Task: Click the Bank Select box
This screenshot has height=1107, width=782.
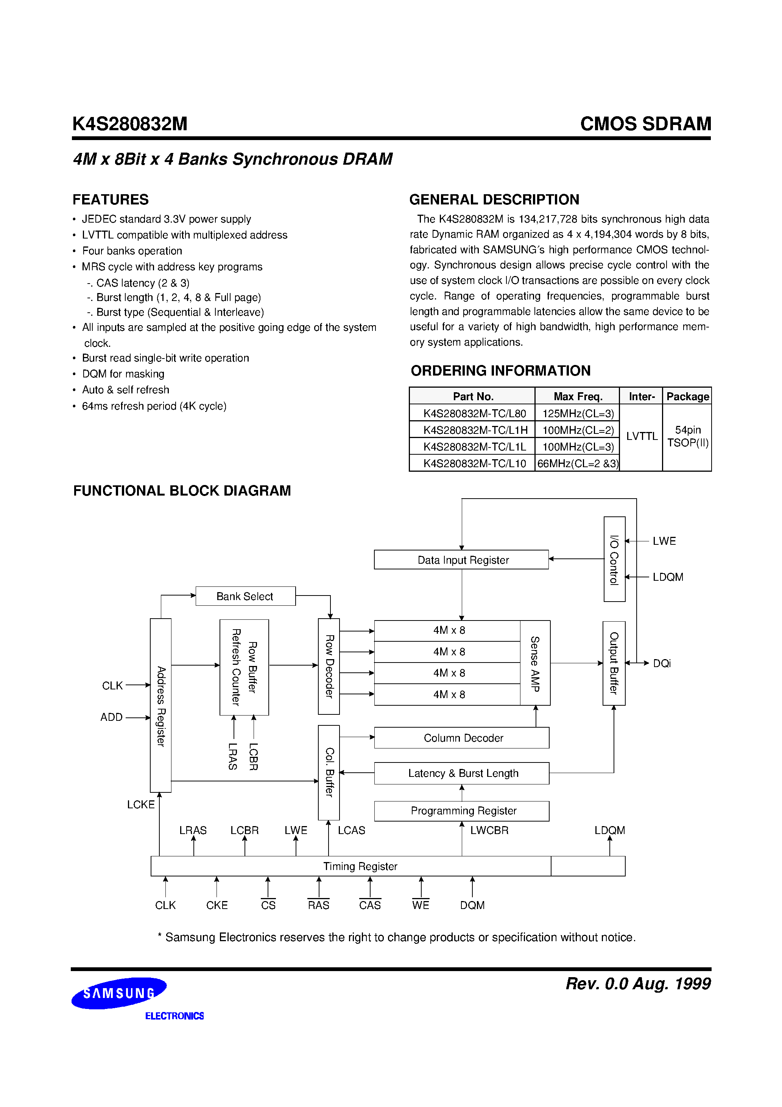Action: pos(245,596)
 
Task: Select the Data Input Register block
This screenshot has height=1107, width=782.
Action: pos(461,560)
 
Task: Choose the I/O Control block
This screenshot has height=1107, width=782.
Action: pos(614,559)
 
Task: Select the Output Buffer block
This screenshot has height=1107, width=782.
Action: pos(614,663)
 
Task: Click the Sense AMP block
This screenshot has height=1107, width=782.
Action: pos(535,663)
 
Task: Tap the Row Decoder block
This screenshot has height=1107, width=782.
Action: pos(329,666)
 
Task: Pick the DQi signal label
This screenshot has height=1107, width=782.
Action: pos(662,663)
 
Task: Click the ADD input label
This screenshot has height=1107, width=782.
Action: pos(111,717)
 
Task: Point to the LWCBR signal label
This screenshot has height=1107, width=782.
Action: pos(489,830)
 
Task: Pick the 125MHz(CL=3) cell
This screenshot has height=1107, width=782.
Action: pos(578,413)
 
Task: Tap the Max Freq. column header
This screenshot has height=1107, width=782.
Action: pos(578,396)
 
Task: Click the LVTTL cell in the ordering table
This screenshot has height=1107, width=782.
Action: pos(641,437)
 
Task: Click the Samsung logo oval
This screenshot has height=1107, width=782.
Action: pos(119,993)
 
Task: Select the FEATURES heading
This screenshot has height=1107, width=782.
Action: pos(111,199)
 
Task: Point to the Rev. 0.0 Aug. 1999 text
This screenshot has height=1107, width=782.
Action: pos(638,984)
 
